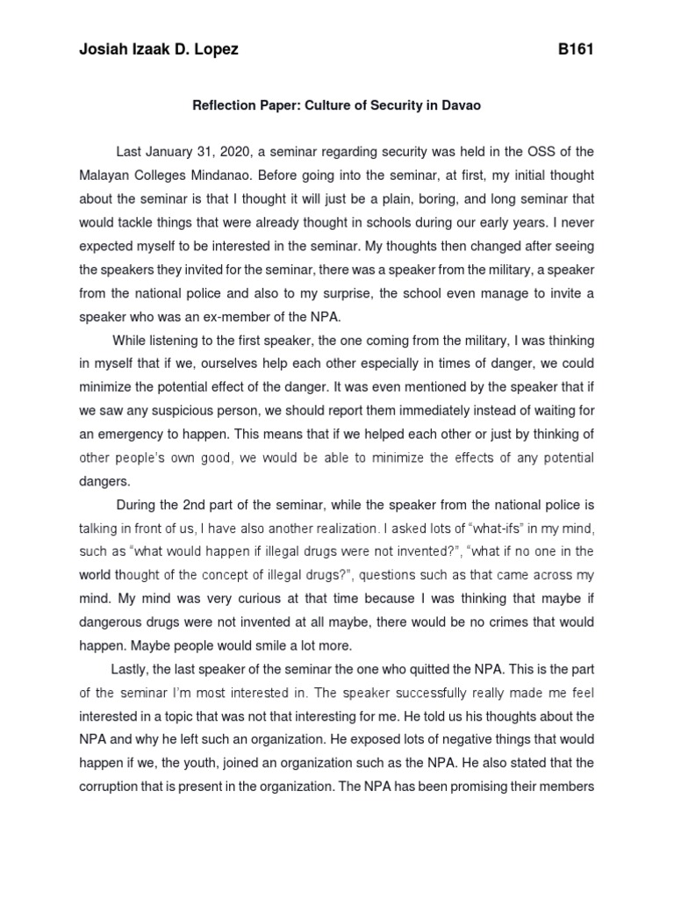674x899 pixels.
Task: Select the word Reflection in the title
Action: [x=227, y=105]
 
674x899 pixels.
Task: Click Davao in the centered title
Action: [x=462, y=105]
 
